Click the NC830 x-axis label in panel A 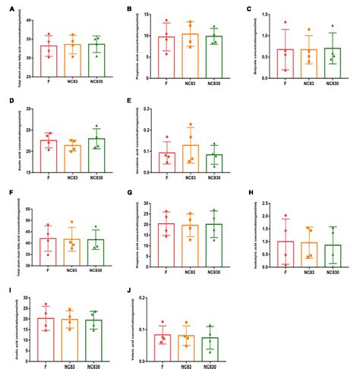point(96,80)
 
